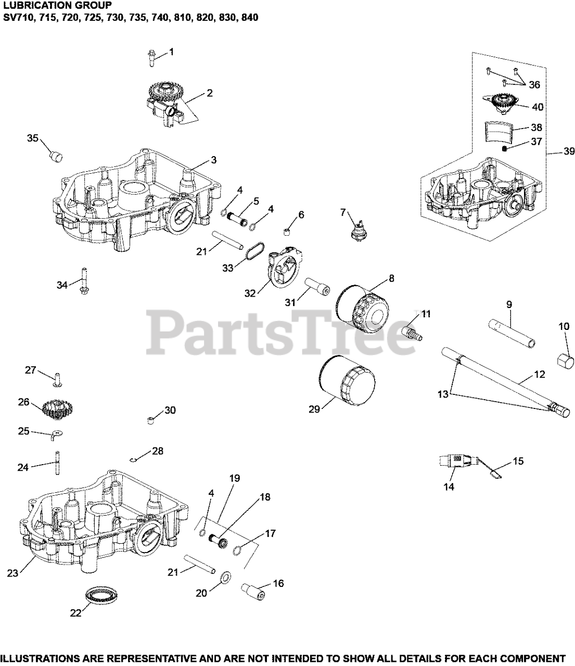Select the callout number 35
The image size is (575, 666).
point(33,138)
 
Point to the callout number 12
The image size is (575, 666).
point(539,374)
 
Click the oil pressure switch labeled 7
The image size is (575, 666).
point(359,229)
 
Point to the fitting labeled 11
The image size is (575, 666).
point(413,331)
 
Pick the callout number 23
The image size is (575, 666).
point(12,573)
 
